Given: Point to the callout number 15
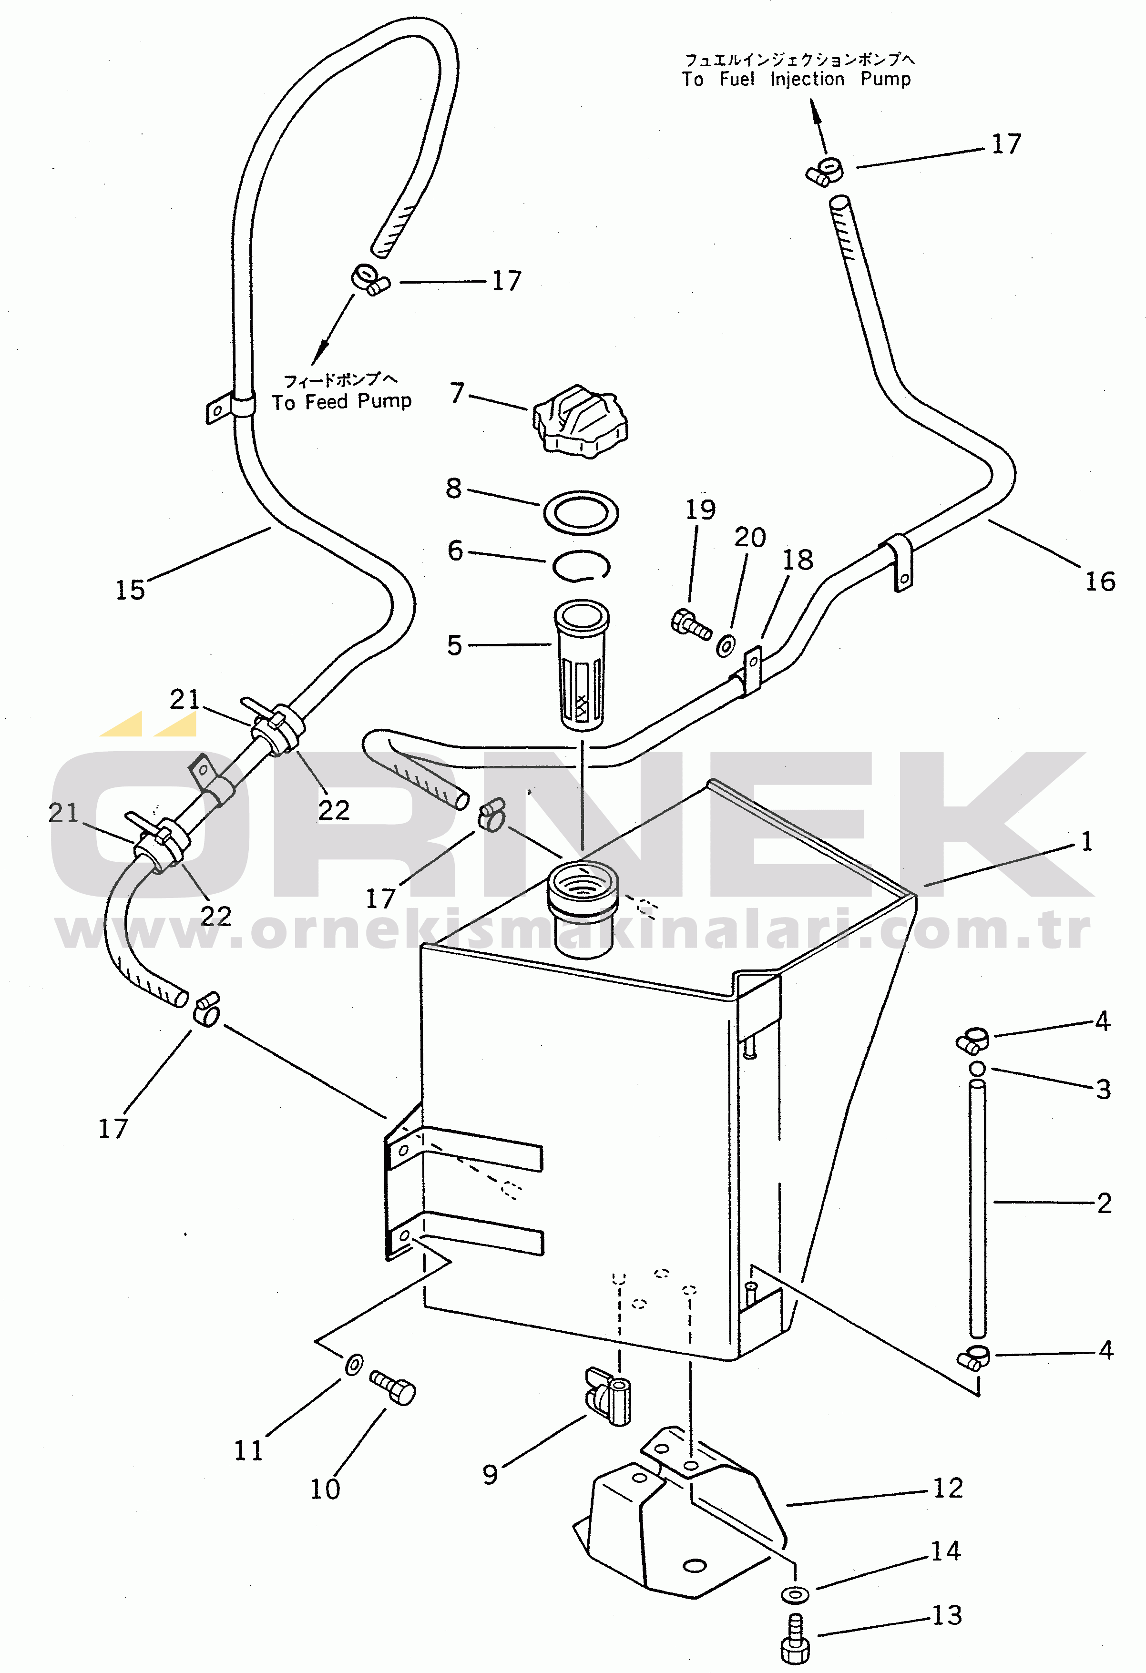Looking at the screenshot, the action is (130, 590).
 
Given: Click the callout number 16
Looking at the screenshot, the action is (1100, 581).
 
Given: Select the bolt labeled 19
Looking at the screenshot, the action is (691, 625).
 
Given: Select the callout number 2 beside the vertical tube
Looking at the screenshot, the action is (1104, 1203).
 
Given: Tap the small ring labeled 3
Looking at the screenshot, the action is (977, 1068).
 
